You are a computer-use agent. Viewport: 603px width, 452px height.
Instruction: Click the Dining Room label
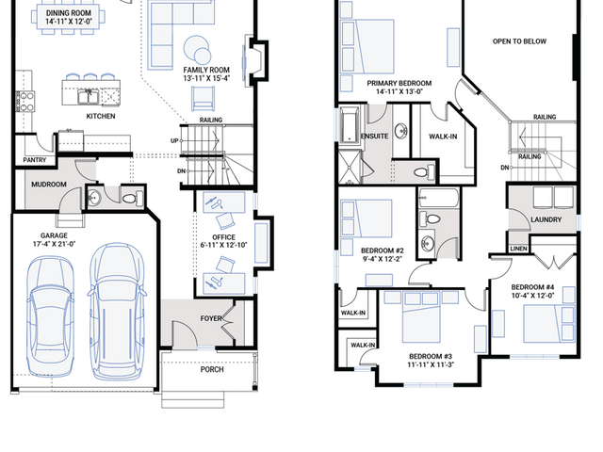(x=69, y=13)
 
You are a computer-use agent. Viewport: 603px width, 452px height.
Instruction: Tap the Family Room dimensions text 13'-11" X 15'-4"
(x=206, y=78)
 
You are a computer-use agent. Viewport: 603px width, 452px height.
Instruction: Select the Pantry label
(x=35, y=160)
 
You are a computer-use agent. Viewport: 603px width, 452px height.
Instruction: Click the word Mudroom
(x=49, y=185)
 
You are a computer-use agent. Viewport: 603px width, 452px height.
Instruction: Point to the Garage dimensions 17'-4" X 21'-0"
(x=55, y=244)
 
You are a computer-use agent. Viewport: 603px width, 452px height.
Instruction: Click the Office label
(x=224, y=237)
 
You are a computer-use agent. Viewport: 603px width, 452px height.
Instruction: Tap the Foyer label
(x=211, y=318)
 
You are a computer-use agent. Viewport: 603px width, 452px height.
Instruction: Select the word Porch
(x=212, y=369)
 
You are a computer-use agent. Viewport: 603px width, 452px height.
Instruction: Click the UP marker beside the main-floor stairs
(x=174, y=141)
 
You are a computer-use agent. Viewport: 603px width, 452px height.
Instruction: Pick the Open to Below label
(x=519, y=41)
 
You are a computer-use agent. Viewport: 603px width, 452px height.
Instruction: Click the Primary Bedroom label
(x=399, y=83)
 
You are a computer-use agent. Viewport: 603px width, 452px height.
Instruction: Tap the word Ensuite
(x=375, y=136)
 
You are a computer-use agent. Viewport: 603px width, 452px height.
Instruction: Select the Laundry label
(x=546, y=219)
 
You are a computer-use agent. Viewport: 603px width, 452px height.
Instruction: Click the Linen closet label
(x=518, y=249)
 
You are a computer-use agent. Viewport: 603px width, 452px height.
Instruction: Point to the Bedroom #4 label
(x=532, y=287)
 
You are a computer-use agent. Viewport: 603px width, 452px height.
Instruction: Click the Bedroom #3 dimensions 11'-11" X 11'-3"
(x=431, y=364)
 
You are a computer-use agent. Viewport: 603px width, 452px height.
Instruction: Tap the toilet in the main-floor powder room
(x=132, y=199)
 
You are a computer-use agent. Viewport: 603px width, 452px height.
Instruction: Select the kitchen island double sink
(x=89, y=96)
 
